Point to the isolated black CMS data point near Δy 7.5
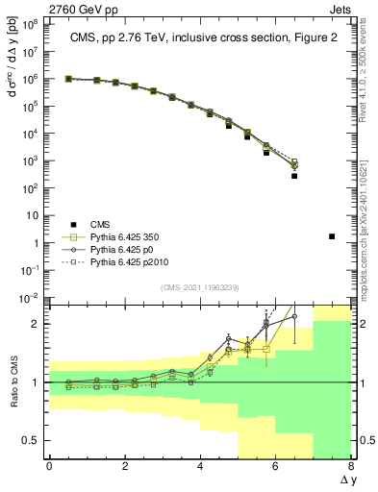(332, 235)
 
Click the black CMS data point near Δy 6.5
(294, 176)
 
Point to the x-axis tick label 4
(200, 467)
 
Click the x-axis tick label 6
(276, 467)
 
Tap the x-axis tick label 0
(49, 467)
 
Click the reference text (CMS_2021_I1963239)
(199, 286)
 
